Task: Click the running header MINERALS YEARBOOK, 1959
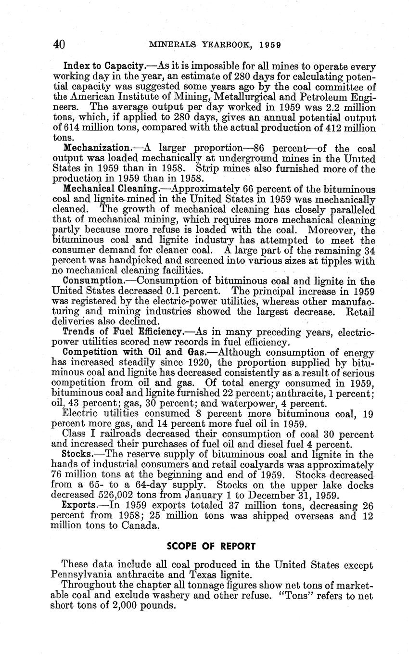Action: (x=215, y=45)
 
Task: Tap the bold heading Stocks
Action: (x=77, y=454)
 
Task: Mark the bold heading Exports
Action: (x=79, y=505)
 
